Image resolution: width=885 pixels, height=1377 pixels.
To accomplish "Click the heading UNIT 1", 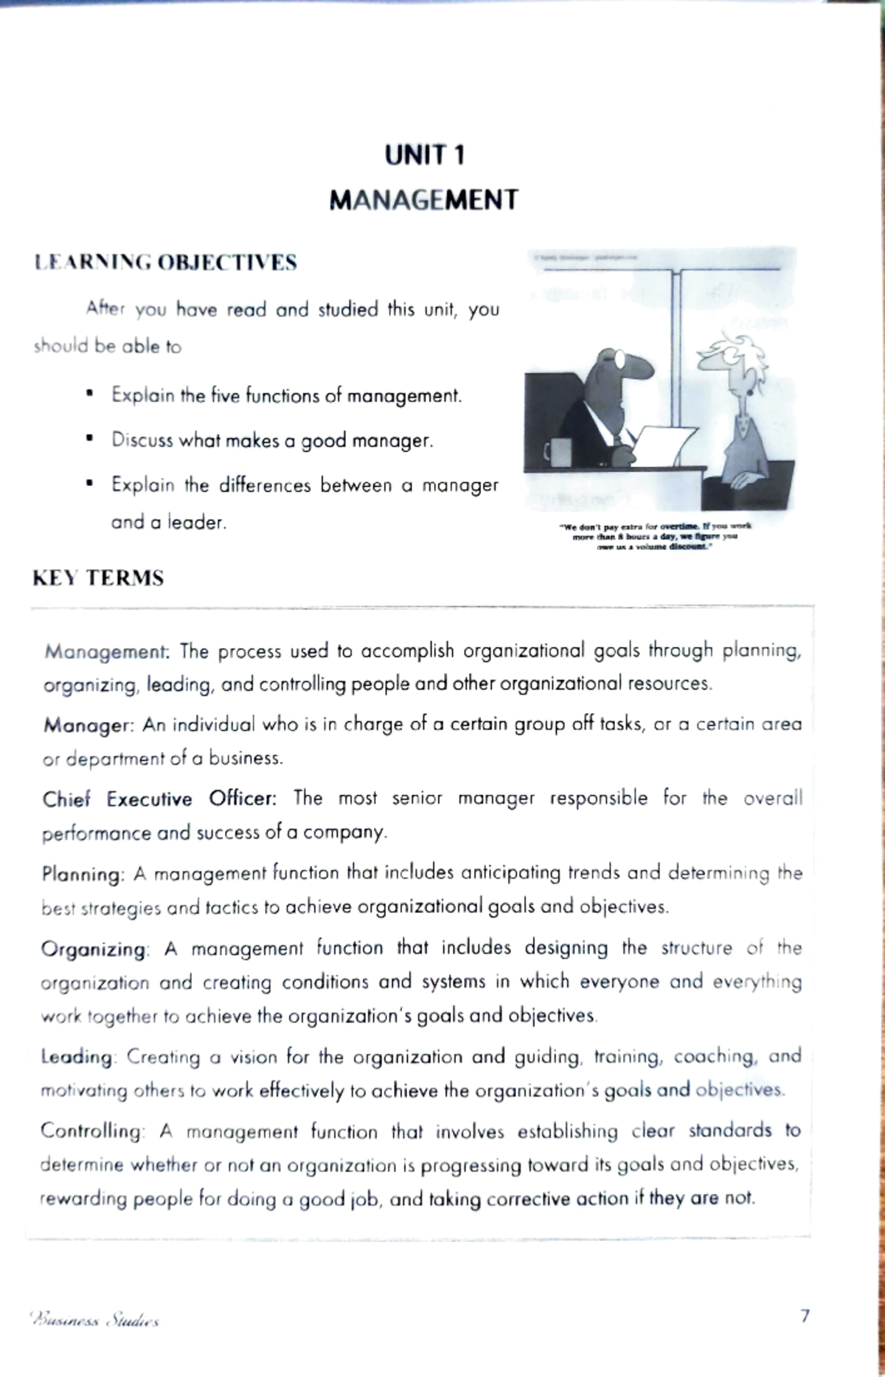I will [x=424, y=156].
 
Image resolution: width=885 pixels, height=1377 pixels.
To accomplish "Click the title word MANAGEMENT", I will [x=423, y=200].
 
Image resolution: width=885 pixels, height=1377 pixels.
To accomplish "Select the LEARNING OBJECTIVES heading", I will [x=165, y=263].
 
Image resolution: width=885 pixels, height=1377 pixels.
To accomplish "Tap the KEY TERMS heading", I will [x=98, y=577].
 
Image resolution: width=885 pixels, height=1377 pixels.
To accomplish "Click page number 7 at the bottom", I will [x=805, y=1316].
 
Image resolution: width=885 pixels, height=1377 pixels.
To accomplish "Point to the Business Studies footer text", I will [x=94, y=1319].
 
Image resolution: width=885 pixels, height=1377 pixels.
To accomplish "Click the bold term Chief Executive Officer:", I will [x=159, y=800].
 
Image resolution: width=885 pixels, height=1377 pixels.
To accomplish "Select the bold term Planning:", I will [x=83, y=875].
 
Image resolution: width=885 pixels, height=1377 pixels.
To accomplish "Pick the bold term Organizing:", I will [x=94, y=949].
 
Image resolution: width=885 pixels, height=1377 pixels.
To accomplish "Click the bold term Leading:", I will [x=77, y=1057].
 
